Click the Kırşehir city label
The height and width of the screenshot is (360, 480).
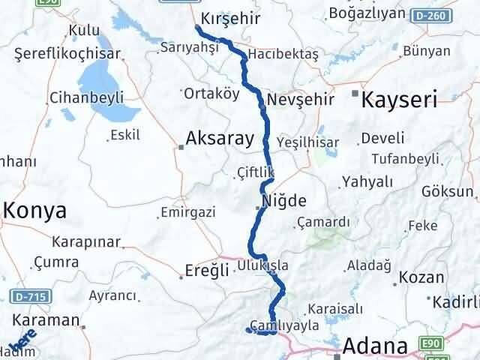coord(232,16)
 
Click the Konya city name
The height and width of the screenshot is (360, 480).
coord(34,211)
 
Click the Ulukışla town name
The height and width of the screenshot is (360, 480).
coord(262,264)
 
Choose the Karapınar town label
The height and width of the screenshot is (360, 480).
coord(86,242)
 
